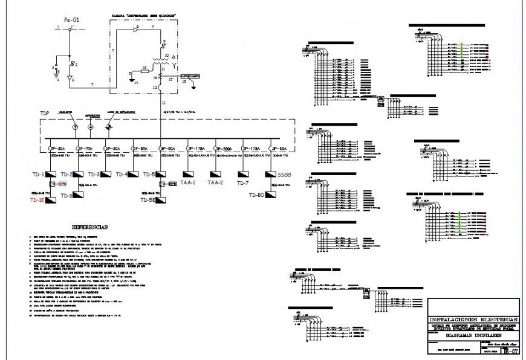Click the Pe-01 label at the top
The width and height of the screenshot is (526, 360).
coord(71,19)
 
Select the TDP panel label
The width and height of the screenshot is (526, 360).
coord(44,114)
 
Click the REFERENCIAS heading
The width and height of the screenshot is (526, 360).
coord(89,227)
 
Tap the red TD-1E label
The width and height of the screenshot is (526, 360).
coord(37,200)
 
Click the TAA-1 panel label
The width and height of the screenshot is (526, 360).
coord(189,182)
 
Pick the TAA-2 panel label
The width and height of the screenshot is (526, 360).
coord(216,182)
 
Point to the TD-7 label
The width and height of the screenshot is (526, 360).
coord(243,182)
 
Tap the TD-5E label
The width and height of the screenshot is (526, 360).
coord(149,200)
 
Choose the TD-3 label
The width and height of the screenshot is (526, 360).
coord(95,175)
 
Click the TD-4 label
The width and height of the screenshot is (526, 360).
coord(122,175)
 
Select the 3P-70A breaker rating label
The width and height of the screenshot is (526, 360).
coord(85,148)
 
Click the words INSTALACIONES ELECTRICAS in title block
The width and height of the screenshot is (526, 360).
coord(473,319)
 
